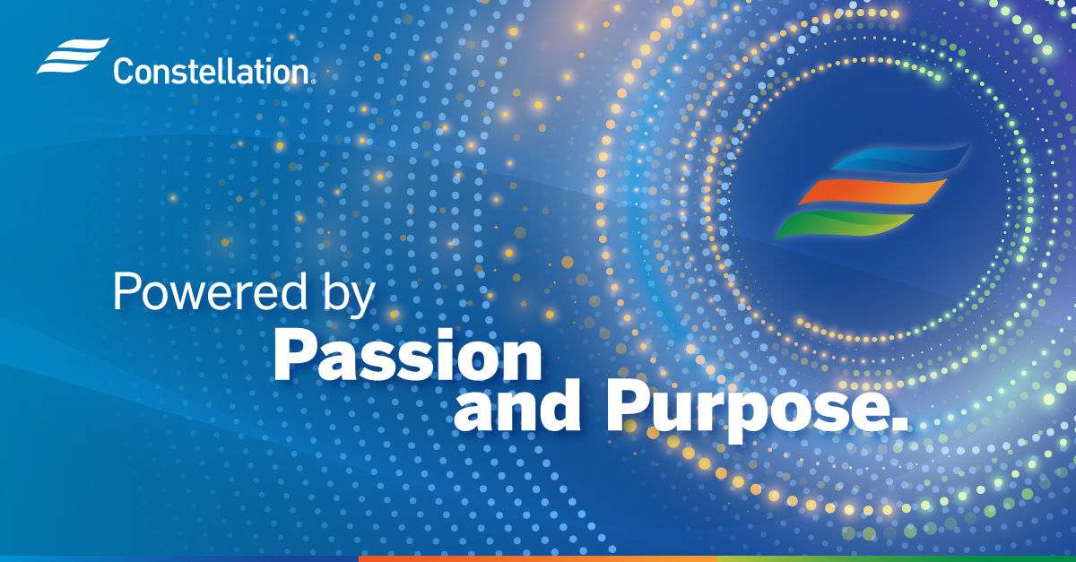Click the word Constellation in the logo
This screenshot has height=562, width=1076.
(x=212, y=71)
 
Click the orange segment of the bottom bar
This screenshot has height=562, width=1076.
(x=538, y=558)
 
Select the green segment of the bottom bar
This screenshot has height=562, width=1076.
(x=897, y=558)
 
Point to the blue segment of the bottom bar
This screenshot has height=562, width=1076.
(x=179, y=558)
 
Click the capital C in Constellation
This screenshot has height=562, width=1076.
(x=124, y=71)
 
